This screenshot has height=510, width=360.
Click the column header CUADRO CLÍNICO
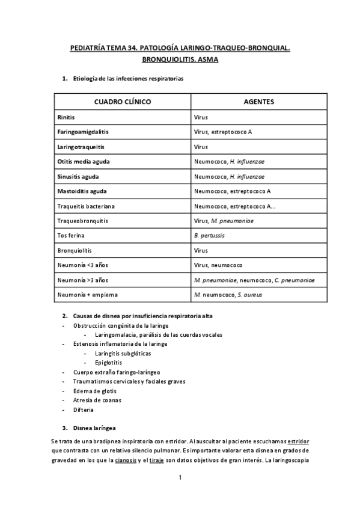pos(122,102)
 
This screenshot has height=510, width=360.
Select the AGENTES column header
pos(259,102)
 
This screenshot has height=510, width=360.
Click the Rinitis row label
pos(66,117)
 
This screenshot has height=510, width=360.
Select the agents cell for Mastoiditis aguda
pos(233,191)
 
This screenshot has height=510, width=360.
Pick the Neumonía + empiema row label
pos(87,295)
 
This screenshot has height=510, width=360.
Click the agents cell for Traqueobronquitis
pos(224,221)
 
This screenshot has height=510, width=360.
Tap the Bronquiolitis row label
pos(75,250)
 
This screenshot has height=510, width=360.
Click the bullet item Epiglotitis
pos(109,363)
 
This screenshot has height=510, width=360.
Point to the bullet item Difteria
pos(84,410)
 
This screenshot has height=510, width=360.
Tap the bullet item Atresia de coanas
pos(96,401)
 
